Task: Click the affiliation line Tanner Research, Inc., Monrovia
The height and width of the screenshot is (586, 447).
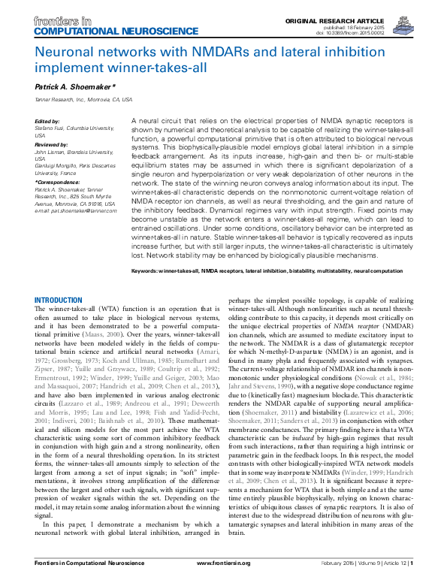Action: [83, 99]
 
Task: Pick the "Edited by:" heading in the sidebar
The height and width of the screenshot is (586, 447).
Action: [47, 122]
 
